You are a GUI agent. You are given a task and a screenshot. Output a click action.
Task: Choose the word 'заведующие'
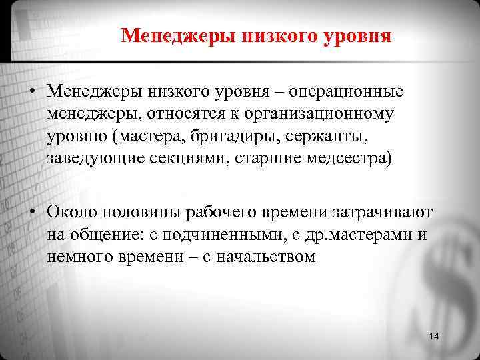(90, 160)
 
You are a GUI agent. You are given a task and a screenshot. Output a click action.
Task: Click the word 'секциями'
(175, 160)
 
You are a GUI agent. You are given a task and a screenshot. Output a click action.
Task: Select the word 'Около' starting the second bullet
(67, 211)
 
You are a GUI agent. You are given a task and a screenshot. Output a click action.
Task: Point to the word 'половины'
(133, 211)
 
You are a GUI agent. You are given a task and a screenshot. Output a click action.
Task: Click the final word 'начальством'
(257, 258)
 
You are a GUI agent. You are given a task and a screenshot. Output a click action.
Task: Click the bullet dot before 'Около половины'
(32, 212)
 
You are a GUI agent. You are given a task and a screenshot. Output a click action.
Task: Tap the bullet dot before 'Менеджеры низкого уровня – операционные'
(32, 91)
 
